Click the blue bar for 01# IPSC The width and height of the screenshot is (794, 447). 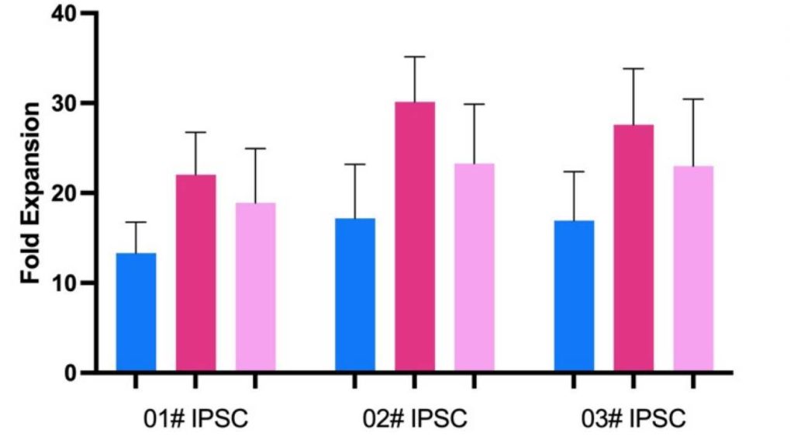[x=136, y=312]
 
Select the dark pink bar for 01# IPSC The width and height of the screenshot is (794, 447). [x=196, y=273]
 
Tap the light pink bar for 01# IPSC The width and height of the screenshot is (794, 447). [x=256, y=287]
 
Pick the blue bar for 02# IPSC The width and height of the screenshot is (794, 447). [x=355, y=295]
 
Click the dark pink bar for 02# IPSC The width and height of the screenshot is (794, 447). [x=415, y=237]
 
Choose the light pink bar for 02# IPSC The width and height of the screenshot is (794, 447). [x=475, y=268]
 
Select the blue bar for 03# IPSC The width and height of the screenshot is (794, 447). [x=575, y=296]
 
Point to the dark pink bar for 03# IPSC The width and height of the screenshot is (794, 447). [x=633, y=248]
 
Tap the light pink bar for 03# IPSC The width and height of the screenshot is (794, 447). [x=693, y=269]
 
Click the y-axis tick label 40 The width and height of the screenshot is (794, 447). [x=64, y=14]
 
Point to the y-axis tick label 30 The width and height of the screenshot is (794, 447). [x=64, y=103]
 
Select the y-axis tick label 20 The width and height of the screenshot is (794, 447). [x=64, y=193]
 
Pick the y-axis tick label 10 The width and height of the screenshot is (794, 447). [x=64, y=282]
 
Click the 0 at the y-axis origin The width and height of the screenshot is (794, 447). [x=71, y=373]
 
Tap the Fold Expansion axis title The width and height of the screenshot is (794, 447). [x=30, y=193]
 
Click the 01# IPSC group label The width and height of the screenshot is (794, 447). [x=196, y=419]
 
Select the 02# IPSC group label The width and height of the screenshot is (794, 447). [x=415, y=419]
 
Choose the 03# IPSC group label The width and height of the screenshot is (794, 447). [x=633, y=419]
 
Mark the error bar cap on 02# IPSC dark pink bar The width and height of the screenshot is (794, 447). [x=415, y=57]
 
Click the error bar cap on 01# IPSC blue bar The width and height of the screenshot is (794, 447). [x=136, y=222]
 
